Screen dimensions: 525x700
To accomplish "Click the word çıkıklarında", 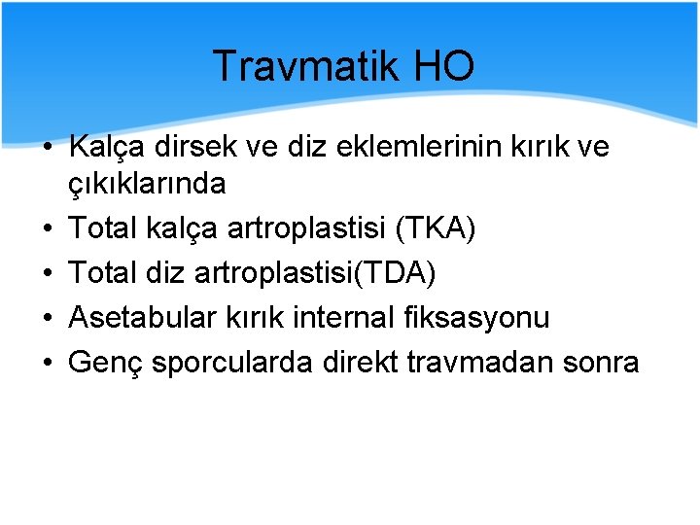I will click(147, 183).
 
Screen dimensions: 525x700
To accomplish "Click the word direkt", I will click(355, 363).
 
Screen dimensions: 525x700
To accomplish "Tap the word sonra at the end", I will click(603, 363).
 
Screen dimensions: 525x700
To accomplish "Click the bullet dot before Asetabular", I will click(47, 318).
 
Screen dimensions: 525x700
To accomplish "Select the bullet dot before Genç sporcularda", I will click(47, 363).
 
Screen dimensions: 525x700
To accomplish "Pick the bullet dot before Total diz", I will click(47, 273).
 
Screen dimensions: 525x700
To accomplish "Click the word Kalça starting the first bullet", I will click(105, 147).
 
